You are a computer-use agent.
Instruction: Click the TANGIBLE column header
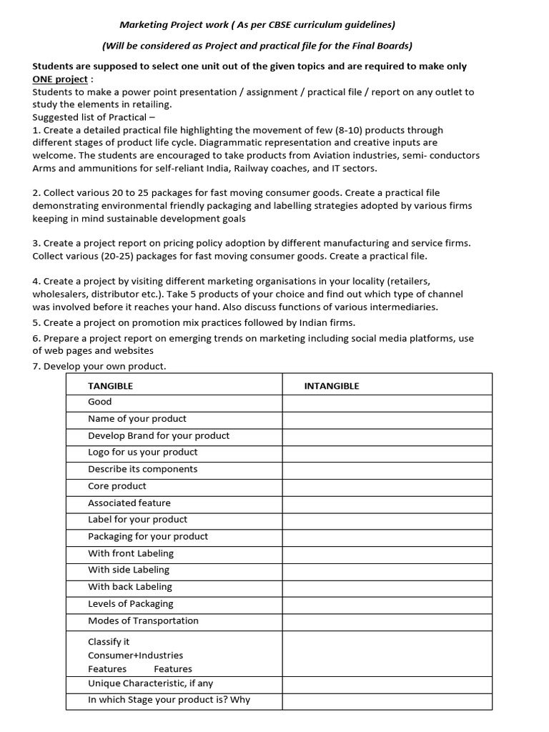tap(110, 386)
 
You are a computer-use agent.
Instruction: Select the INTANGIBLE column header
tap(332, 386)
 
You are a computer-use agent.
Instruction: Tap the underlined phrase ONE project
tap(60, 79)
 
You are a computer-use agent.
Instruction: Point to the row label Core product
tap(117, 486)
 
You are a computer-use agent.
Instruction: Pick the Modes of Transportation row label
tap(143, 620)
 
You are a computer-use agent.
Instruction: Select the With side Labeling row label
tap(129, 570)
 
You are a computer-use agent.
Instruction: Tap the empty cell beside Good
tap(387, 402)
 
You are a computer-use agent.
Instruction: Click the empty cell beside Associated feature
tap(387, 503)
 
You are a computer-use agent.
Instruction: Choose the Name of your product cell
tap(137, 419)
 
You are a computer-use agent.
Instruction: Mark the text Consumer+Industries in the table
tap(135, 656)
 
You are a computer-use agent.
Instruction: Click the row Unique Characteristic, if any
tap(155, 683)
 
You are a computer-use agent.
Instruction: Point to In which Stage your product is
tap(169, 700)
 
